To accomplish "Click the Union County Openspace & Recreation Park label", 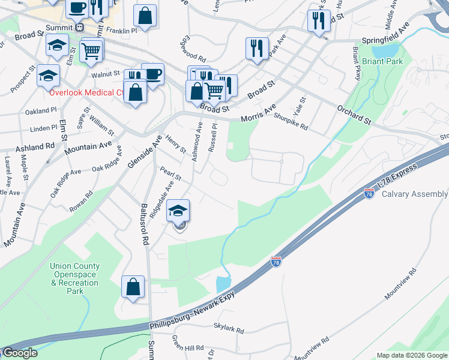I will tap(75, 278).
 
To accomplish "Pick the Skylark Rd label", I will tap(229, 330).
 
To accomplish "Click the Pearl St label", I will tap(170, 173).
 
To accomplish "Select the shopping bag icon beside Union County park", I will tap(133, 287).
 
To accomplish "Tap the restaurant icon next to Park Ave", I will tap(257, 48).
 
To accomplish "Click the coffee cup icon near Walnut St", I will tap(152, 74).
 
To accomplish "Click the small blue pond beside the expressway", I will tap(222, 283).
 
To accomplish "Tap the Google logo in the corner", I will tap(19, 353).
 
